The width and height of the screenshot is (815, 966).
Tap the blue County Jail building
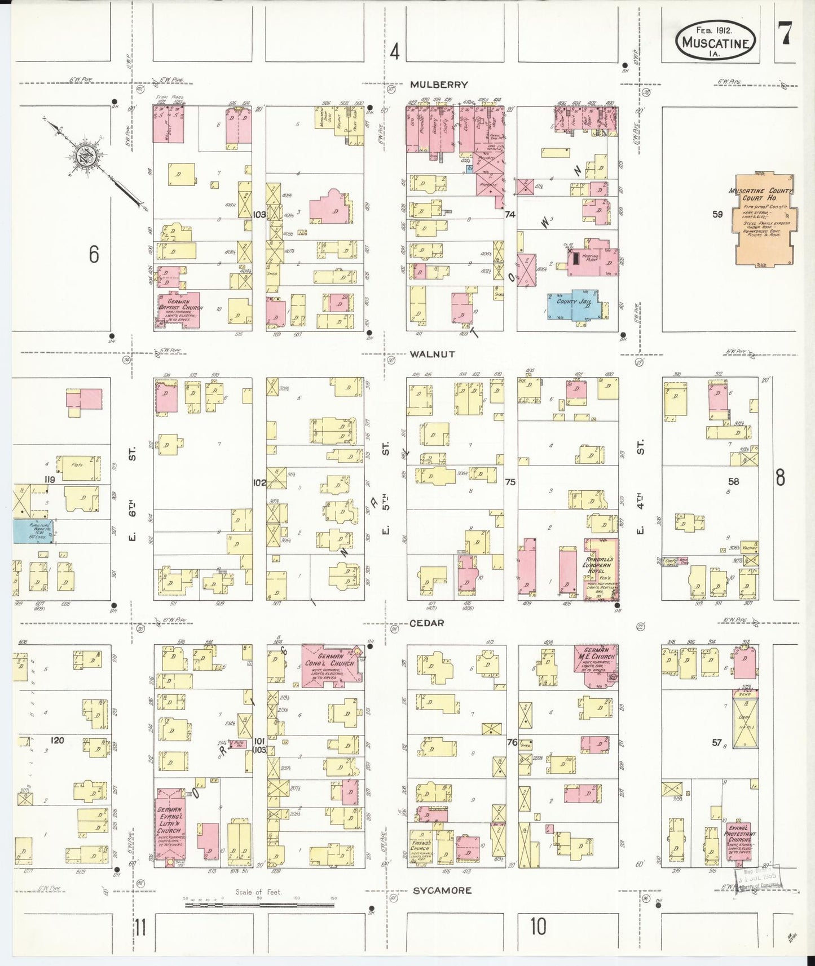[575, 305]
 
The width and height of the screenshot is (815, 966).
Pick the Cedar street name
[426, 623]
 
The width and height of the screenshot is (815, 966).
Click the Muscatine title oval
[716, 41]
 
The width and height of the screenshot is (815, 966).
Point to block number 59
[717, 214]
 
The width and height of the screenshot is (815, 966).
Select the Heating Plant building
[592, 259]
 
